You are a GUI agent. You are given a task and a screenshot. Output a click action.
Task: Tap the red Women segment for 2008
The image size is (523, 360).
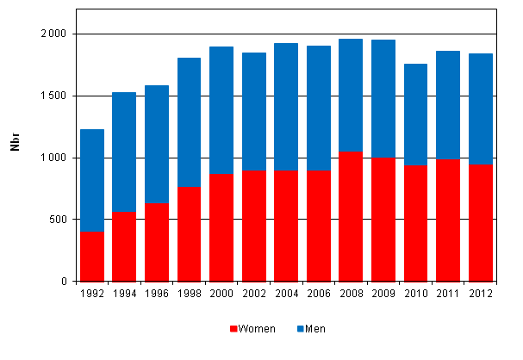(351, 216)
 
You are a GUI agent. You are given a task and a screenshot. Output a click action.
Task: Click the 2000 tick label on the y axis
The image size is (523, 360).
(55, 34)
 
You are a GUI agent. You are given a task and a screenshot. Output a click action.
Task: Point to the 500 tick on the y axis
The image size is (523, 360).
(59, 220)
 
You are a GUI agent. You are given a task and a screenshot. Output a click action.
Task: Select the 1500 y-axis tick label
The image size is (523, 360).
(55, 96)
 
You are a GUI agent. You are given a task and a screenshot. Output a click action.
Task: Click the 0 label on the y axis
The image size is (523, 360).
(65, 282)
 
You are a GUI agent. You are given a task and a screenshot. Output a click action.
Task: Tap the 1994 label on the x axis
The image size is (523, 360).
(124, 294)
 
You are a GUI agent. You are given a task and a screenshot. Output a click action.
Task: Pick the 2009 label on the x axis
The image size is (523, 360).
(383, 294)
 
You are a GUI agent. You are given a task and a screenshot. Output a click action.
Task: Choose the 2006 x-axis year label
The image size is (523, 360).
(318, 294)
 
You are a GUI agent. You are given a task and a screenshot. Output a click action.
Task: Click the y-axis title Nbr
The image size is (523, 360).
(15, 144)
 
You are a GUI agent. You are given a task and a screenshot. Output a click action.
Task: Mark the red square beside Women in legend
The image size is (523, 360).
(233, 329)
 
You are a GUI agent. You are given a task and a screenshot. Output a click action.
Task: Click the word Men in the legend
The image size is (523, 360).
(316, 329)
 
